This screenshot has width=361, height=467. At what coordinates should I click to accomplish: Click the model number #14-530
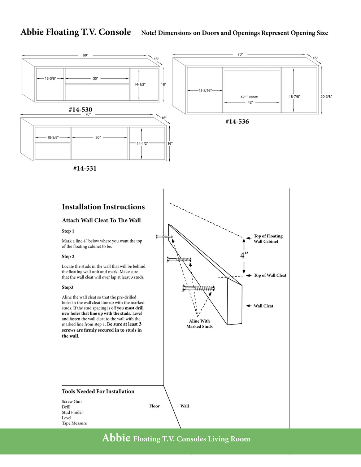pos(80,109)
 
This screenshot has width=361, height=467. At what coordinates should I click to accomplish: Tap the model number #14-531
pos(84,168)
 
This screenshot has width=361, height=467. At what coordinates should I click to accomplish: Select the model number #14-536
pos(237,122)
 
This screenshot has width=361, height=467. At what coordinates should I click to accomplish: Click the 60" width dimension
pos(85,55)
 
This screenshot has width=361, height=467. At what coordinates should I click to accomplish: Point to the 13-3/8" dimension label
pos(50,78)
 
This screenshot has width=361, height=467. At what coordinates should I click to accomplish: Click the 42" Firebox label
pos(249,97)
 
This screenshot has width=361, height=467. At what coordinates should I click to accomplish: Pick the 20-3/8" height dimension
pos(326,96)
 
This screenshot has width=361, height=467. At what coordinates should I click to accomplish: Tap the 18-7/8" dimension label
pos(294,96)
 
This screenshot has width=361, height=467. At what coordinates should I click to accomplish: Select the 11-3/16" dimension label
pos(205,91)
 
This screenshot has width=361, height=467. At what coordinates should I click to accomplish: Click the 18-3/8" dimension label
pos(53,138)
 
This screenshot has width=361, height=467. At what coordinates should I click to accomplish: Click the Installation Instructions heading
pos(103,207)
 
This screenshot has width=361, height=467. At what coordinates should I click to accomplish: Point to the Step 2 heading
pos(68,257)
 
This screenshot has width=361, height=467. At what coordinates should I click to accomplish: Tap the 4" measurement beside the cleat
pos(244,255)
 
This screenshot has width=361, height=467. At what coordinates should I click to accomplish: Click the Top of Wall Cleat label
pos(270,275)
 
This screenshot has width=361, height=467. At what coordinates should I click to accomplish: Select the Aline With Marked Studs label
pos(199,324)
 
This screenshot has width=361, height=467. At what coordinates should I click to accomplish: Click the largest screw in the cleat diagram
pos(199,288)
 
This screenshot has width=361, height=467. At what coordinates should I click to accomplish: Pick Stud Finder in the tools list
pos(72,412)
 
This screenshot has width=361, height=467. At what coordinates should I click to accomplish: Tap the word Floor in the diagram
pos(154,406)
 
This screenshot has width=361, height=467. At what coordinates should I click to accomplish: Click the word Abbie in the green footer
pos(116,438)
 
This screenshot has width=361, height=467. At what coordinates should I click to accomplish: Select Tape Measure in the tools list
pos(74,423)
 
